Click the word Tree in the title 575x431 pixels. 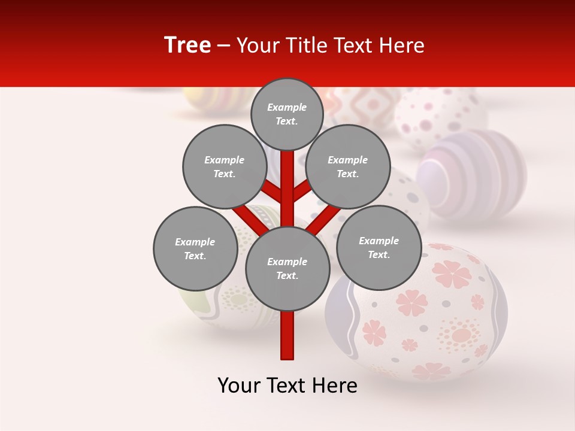tap(187, 45)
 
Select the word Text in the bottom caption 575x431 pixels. tap(286, 386)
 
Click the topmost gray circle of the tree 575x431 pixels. tap(287, 114)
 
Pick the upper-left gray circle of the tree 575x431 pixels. tap(224, 166)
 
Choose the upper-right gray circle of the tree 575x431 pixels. tap(348, 166)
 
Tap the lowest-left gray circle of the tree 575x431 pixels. tap(195, 248)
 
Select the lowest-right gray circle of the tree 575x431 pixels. tap(379, 247)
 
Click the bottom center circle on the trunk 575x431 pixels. tap(287, 269)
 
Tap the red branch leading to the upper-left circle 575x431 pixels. tap(272, 193)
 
